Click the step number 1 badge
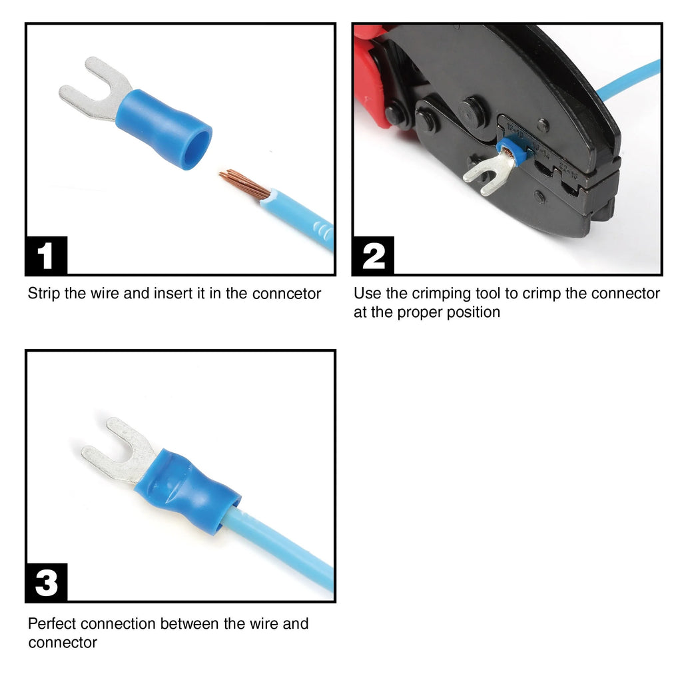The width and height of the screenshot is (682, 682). tap(46, 256)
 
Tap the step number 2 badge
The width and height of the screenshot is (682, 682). tap(374, 256)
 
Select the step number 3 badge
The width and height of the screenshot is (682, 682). tap(46, 583)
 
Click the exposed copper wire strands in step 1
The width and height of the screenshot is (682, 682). tap(244, 183)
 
